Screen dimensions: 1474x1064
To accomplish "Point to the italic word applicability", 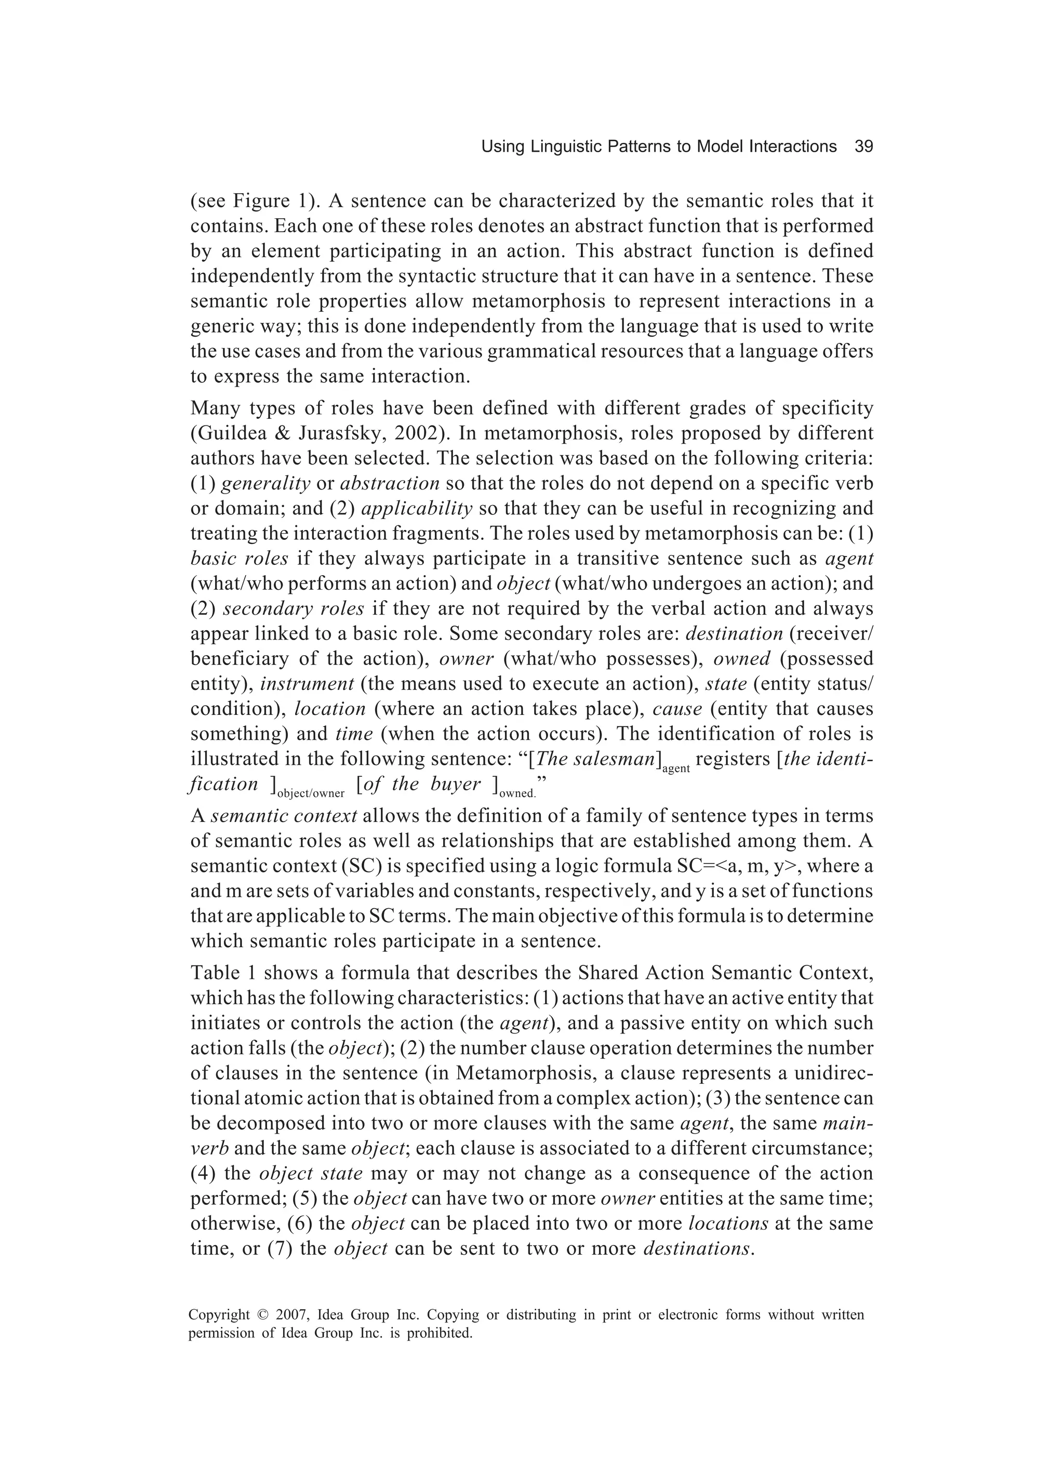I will (416, 508).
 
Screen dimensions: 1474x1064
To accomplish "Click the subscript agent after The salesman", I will (676, 769).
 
